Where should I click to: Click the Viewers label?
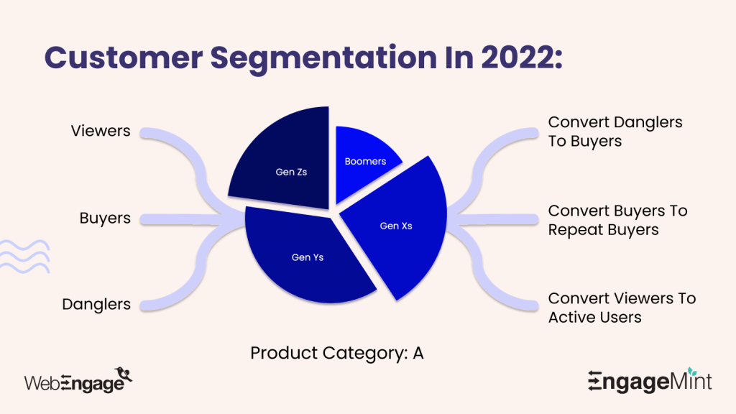pos(101,131)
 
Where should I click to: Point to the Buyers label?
pos(105,218)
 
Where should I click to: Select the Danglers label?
pos(96,304)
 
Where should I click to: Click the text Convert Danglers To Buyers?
pos(615,132)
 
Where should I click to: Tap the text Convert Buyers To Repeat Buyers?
pos(617,220)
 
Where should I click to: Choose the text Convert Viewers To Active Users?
pos(621,307)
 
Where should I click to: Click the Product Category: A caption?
pos(336,354)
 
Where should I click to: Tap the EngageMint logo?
pos(649,381)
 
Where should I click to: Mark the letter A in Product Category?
pos(418,354)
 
